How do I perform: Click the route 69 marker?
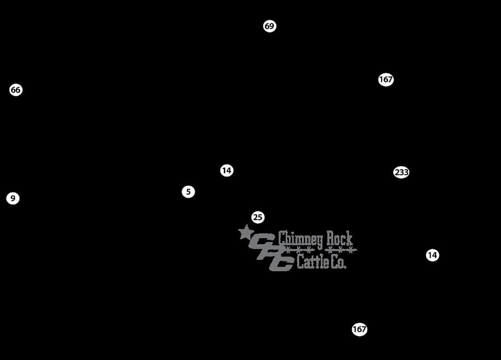pyautogui.click(x=269, y=26)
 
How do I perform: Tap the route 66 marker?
pyautogui.click(x=16, y=90)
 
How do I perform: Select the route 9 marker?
pyautogui.click(x=13, y=199)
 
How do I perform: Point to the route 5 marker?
pyautogui.click(x=188, y=192)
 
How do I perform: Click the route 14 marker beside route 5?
pyautogui.click(x=227, y=171)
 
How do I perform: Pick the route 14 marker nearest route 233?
pyautogui.click(x=432, y=255)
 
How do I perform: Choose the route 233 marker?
pyautogui.click(x=401, y=172)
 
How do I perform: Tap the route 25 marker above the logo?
pyautogui.click(x=258, y=218)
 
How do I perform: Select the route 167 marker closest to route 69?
pyautogui.click(x=386, y=80)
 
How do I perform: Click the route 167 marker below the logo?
pyautogui.click(x=360, y=329)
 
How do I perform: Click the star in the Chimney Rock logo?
pyautogui.click(x=246, y=233)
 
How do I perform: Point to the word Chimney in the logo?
pyautogui.click(x=301, y=239)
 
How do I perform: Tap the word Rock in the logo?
pyautogui.click(x=339, y=238)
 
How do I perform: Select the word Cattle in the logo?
pyautogui.click(x=312, y=263)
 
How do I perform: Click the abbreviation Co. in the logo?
pyautogui.click(x=338, y=263)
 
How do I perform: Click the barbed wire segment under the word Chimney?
pyautogui.click(x=301, y=250)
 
